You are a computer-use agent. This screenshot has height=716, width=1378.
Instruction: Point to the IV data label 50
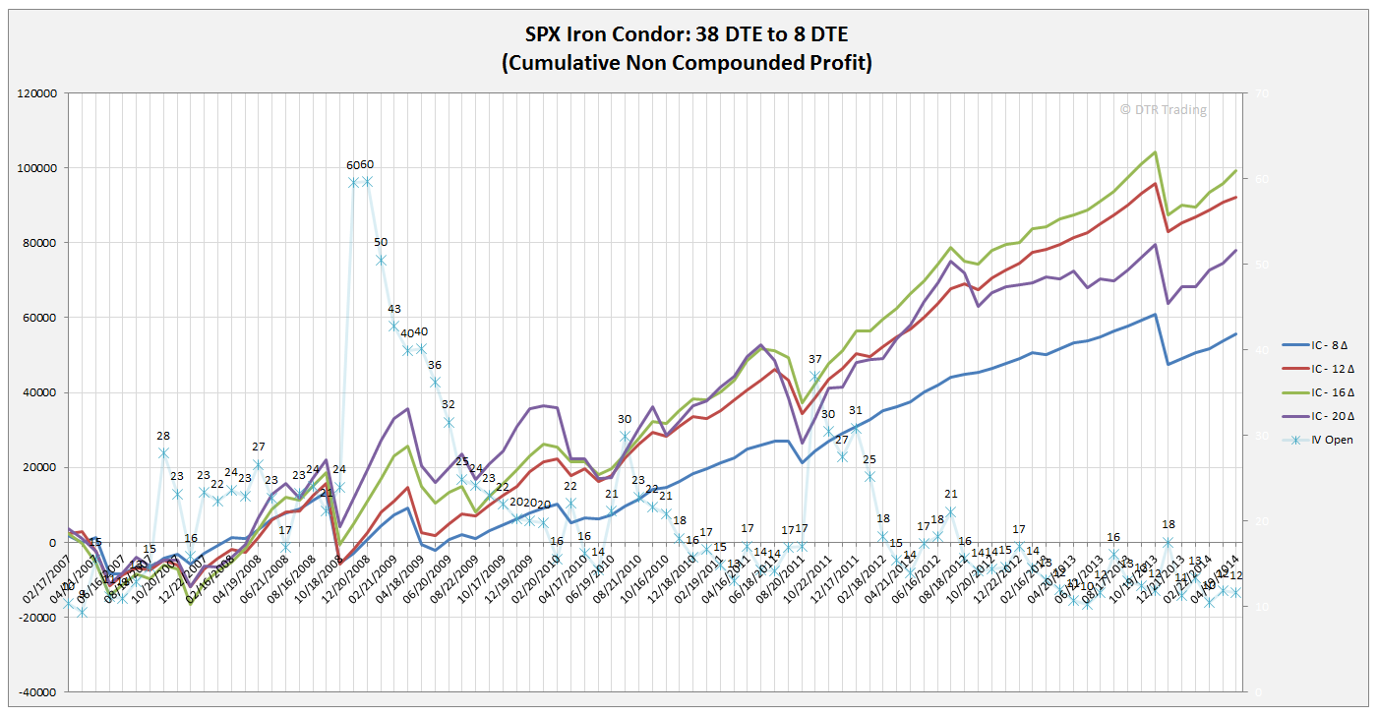(x=381, y=242)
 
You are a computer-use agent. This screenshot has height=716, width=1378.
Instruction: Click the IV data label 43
(x=394, y=309)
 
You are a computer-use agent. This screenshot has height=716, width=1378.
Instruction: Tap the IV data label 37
(x=814, y=359)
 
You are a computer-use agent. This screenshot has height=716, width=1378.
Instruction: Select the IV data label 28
(x=163, y=436)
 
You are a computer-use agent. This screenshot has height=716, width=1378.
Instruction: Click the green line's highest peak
(x=1155, y=152)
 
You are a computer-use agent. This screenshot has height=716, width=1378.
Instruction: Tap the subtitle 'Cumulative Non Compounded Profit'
(x=688, y=63)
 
